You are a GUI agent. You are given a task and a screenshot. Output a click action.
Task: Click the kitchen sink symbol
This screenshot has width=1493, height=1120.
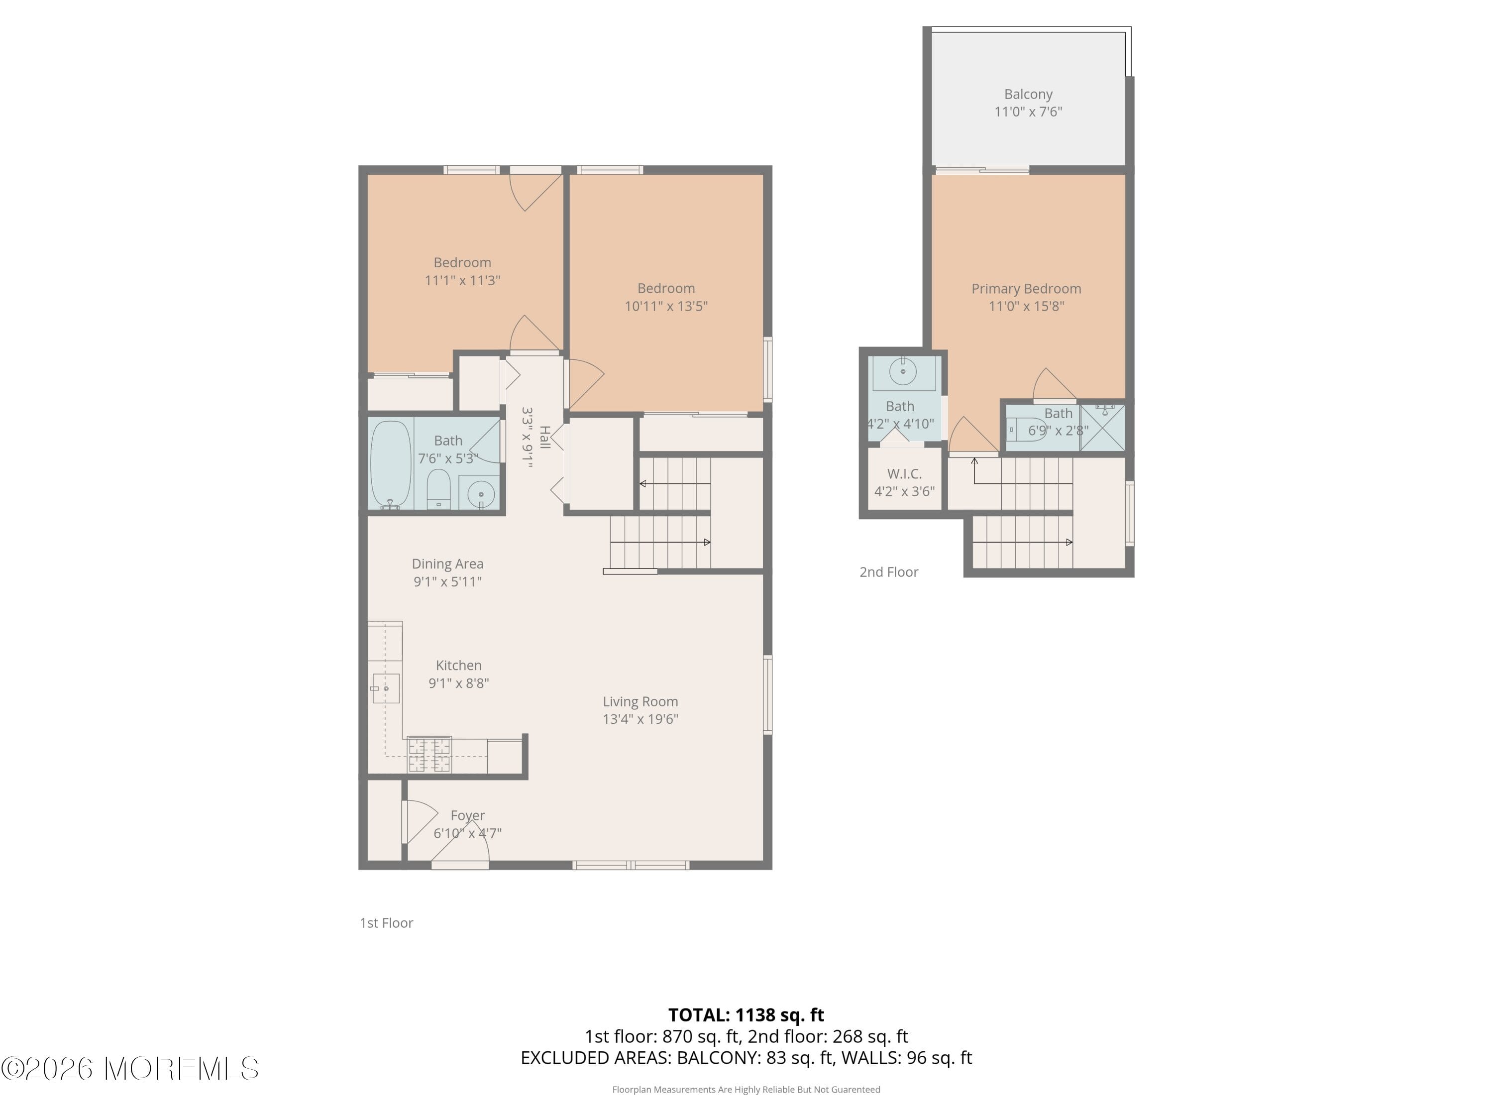[x=385, y=688]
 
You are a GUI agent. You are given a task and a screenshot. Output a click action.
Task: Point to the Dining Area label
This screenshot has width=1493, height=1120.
[x=447, y=563]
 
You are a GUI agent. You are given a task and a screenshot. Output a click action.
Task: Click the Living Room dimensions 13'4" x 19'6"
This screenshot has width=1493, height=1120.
[x=640, y=719]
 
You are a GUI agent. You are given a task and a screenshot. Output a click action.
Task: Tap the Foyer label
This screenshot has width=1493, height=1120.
[x=468, y=815]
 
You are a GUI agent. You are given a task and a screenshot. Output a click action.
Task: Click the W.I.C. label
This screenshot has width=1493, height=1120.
[x=904, y=474]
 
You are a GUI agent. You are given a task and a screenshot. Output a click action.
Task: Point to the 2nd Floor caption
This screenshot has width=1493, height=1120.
[x=888, y=572]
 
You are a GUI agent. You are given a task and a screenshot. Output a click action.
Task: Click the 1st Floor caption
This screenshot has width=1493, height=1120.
[x=386, y=923]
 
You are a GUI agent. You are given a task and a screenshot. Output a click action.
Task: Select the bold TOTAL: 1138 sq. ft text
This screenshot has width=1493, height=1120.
[x=746, y=1014]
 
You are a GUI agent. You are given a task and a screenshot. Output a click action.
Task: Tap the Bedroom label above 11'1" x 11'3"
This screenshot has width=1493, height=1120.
[x=462, y=263]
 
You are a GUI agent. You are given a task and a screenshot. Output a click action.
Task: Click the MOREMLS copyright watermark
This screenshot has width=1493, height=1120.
[x=129, y=1068]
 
